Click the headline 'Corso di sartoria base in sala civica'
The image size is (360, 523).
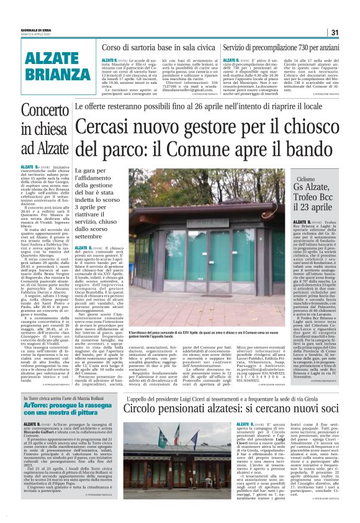pyautogui.click(x=159, y=47)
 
